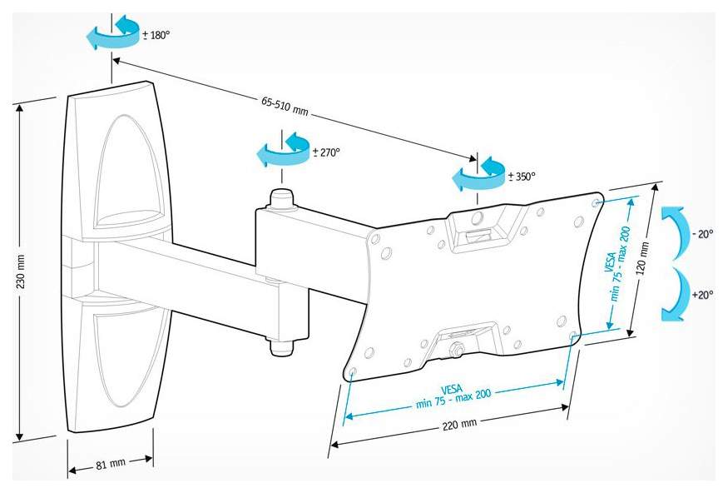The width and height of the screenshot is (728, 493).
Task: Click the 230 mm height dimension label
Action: click(21, 271)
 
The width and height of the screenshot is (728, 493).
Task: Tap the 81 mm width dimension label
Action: click(111, 464)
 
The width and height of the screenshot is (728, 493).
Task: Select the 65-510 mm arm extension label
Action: click(285, 107)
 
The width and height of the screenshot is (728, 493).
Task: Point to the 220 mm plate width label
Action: click(459, 425)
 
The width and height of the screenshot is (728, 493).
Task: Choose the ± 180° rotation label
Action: click(156, 35)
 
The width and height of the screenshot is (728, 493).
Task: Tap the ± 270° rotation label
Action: click(326, 152)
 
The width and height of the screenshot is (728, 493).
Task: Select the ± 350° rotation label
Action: click(522, 176)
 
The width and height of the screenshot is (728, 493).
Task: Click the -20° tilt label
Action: click(702, 234)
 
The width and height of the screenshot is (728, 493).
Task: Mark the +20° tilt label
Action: click(702, 295)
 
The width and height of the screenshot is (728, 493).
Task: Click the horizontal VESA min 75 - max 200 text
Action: click(453, 396)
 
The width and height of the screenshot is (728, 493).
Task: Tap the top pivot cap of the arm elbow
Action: click(281, 198)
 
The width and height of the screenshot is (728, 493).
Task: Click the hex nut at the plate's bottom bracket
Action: click(458, 348)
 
